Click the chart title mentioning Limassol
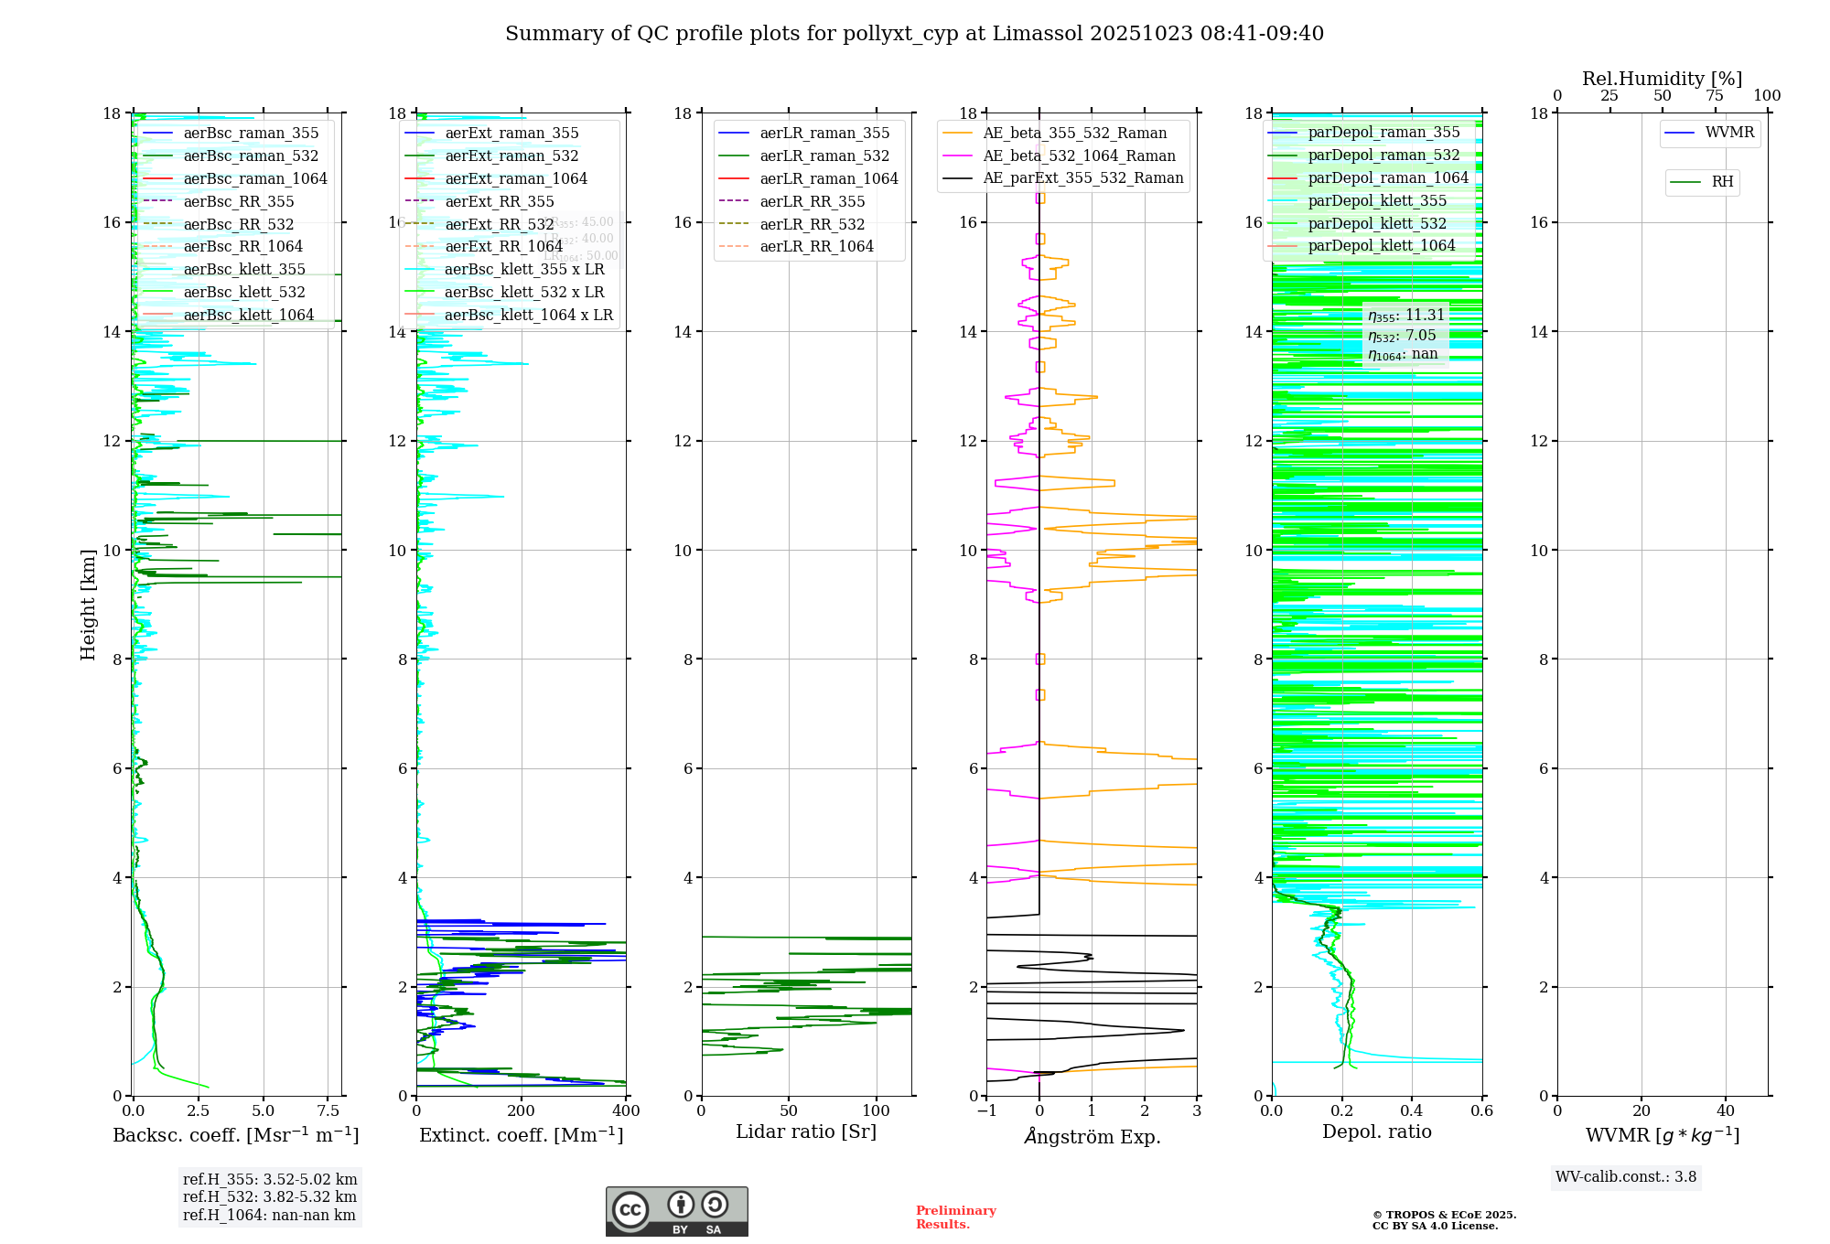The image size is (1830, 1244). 914,34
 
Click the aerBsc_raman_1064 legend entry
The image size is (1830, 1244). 254,178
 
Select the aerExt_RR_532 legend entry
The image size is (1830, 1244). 499,224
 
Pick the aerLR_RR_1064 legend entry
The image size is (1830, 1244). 816,246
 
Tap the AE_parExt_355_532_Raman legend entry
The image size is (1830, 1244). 1082,177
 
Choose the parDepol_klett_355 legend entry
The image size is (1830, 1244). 1377,200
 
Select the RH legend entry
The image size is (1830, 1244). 1722,182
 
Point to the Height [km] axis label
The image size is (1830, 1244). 88,605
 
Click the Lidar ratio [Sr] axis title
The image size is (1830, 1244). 806,1131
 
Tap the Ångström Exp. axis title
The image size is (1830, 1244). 1092,1136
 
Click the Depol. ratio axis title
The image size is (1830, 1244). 1376,1131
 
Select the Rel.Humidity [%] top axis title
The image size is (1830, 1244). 1662,79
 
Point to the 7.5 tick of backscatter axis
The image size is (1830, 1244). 328,1111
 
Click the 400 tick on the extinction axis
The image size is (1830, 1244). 626,1111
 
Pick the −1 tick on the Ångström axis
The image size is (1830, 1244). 985,1111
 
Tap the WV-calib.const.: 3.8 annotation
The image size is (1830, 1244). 1626,1177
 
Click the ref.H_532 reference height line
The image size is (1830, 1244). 270,1196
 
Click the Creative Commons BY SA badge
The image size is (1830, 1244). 676,1212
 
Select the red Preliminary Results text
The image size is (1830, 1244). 955,1217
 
